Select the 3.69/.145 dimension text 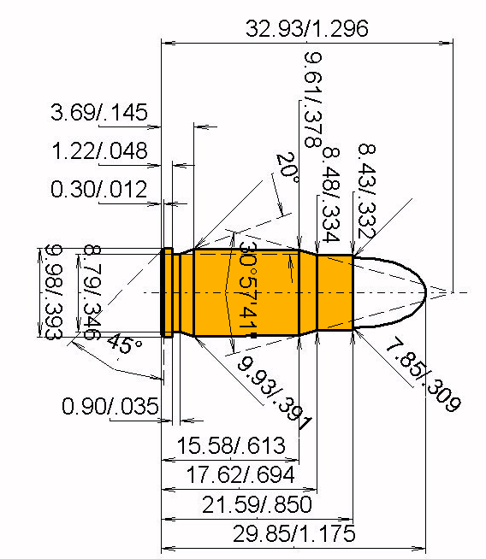(99, 112)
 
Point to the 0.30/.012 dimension (99, 189)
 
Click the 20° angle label (287, 168)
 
